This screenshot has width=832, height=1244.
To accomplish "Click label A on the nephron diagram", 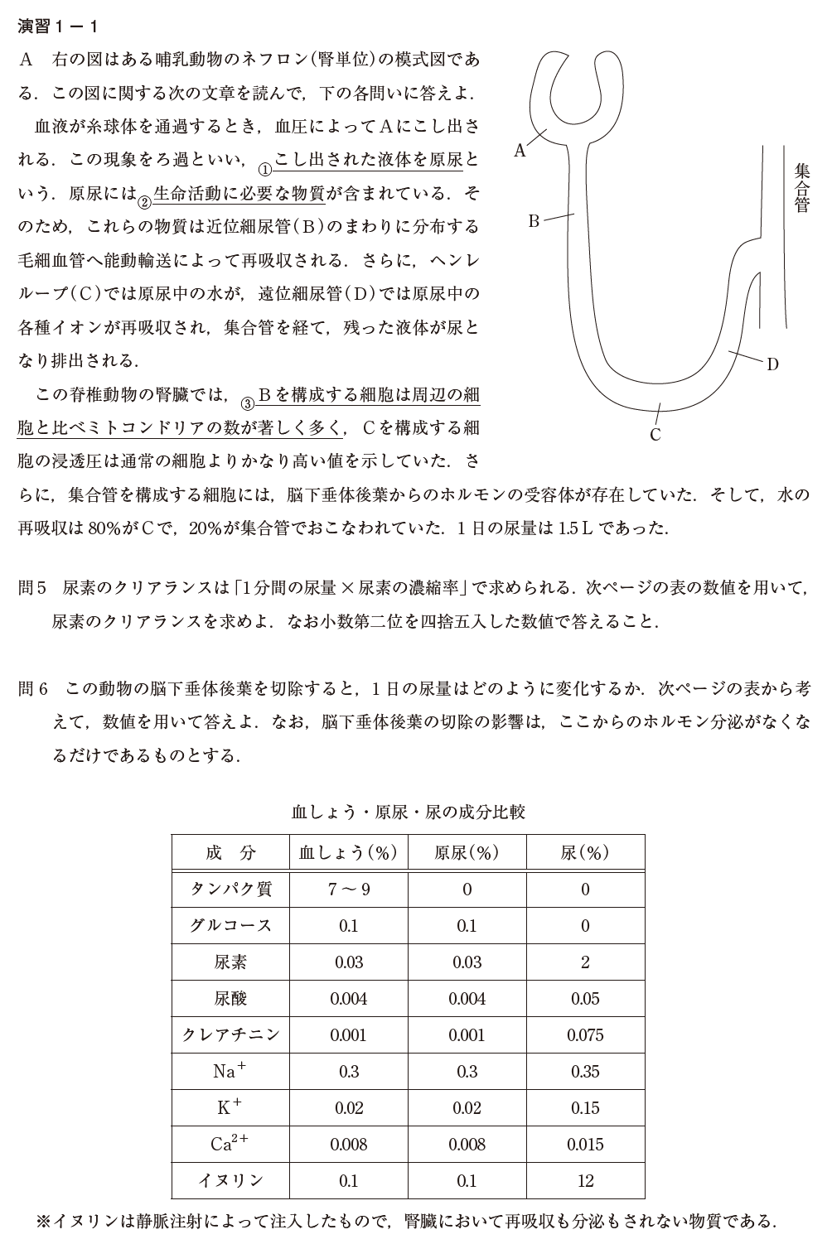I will pos(520,150).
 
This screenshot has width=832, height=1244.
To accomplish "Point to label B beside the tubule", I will pos(534,220).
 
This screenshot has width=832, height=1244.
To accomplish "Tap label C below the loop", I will pos(655,435).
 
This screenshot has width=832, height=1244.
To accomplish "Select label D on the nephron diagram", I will pos(772,364).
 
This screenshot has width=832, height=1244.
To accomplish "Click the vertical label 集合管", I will pos(801,188).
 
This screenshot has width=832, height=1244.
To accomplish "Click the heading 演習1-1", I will pos(59,27).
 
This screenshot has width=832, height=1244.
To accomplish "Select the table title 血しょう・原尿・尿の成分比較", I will pos(409,812).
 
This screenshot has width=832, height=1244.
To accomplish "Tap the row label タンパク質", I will pos(231,890).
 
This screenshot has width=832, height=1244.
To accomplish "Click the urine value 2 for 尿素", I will pos(585,962).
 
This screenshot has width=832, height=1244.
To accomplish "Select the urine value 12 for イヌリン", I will pos(585,1181).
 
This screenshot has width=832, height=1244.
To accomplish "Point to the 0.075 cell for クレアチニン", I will pos(585,1035).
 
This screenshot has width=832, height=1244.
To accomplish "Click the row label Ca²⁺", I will pos(230,1144).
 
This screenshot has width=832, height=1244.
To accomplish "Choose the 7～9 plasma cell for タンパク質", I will pos(348,890).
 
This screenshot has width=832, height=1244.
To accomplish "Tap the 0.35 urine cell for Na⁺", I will pos(585,1072).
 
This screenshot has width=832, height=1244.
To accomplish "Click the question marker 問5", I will pos(35,589).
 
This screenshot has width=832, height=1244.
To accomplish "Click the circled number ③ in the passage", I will pos(246,403).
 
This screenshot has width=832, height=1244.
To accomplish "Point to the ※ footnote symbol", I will pos(45,1221).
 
